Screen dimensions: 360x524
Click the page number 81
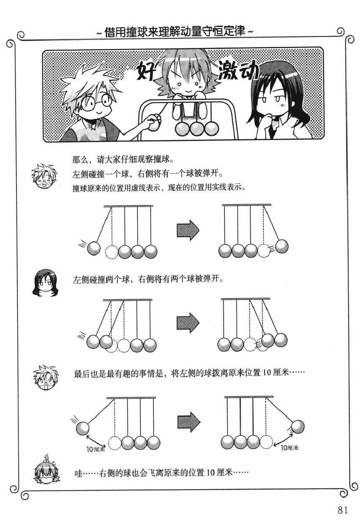[343, 510]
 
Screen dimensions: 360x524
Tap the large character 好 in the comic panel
[146, 72]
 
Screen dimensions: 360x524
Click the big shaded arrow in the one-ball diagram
[188, 230]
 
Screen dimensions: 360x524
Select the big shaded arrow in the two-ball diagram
[188, 323]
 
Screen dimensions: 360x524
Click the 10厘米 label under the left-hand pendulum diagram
[96, 449]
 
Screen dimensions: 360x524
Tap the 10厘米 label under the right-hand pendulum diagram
[290, 447]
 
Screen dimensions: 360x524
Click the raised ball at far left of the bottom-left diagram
[83, 428]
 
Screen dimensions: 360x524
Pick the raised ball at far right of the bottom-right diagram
[298, 427]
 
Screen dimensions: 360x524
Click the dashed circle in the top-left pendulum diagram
[112, 252]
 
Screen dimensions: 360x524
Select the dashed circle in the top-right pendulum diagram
[264, 251]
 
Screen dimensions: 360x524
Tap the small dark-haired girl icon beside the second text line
[45, 283]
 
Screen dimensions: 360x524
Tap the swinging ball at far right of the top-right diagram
[282, 246]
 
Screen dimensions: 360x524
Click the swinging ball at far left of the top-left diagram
[94, 248]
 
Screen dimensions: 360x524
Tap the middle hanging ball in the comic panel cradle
[197, 129]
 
